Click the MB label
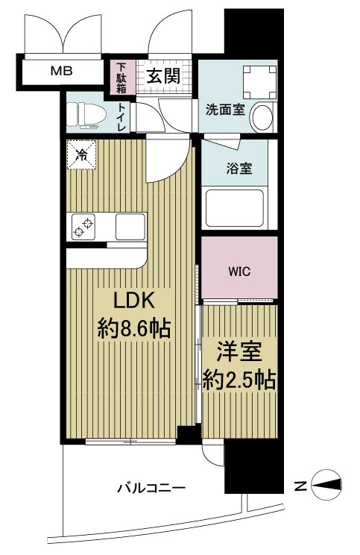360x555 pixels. (x=61, y=72)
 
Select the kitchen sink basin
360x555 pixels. (x=130, y=225)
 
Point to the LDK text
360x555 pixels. (x=133, y=301)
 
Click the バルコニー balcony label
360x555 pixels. (x=151, y=489)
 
